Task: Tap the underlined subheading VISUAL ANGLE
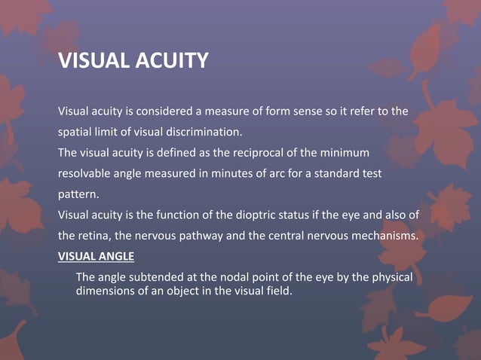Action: tap(96, 256)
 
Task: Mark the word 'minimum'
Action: tap(345, 153)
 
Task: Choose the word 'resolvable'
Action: tap(86, 173)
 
